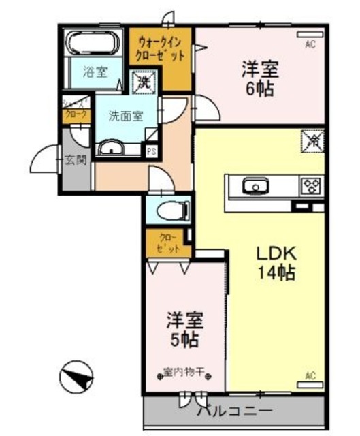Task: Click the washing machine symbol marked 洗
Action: click(x=144, y=83)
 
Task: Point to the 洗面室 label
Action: click(x=126, y=116)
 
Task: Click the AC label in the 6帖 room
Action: click(x=310, y=45)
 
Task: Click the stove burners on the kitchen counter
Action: click(x=312, y=185)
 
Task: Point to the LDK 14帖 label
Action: click(x=275, y=262)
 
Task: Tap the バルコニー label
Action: click(x=234, y=412)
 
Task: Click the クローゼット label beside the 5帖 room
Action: click(x=168, y=243)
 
